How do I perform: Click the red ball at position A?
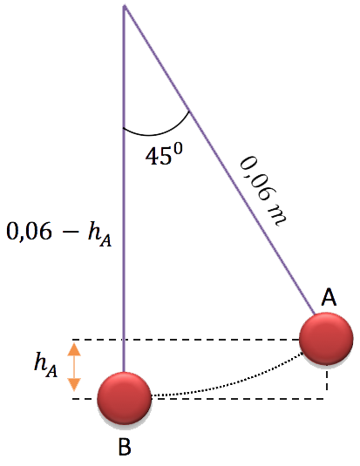pyautogui.click(x=326, y=339)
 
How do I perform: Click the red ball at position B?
pyautogui.click(x=125, y=398)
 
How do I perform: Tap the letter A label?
pyautogui.click(x=329, y=297)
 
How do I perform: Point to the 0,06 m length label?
pyautogui.click(x=263, y=192)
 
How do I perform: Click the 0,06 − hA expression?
pyautogui.click(x=59, y=233)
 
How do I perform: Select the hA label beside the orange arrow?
pyautogui.click(x=45, y=365)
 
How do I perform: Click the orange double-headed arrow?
pyautogui.click(x=74, y=367)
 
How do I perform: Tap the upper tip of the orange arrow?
pyautogui.click(x=74, y=343)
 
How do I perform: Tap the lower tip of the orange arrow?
pyautogui.click(x=74, y=391)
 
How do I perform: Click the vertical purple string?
pyautogui.click(x=124, y=189)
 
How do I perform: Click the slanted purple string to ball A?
pyautogui.click(x=220, y=159)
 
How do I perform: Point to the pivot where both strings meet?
pyautogui.click(x=125, y=5)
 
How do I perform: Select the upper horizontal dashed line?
pyautogui.click(x=186, y=339)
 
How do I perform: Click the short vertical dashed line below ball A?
pyautogui.click(x=327, y=382)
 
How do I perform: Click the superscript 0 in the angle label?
pyautogui.click(x=178, y=149)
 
